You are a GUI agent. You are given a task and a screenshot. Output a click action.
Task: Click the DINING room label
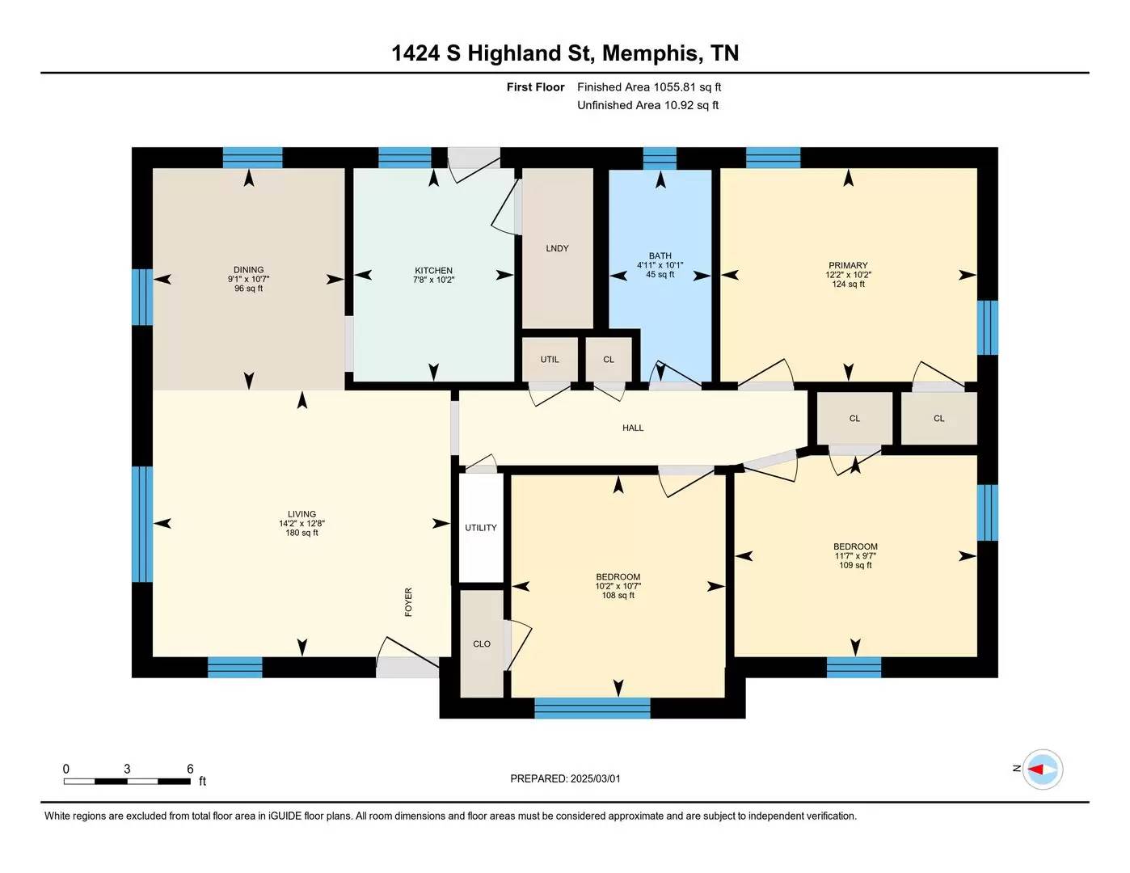coord(248,270)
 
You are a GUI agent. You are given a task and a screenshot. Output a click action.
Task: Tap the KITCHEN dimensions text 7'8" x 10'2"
coord(433,280)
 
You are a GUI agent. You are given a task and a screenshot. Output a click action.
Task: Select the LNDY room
coord(557,248)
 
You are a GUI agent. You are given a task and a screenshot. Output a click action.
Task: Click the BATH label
coord(660,255)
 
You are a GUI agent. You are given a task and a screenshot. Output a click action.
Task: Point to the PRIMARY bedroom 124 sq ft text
coord(848,285)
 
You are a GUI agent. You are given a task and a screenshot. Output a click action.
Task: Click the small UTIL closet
coord(550,359)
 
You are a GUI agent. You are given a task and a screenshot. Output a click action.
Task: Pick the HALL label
coord(633,428)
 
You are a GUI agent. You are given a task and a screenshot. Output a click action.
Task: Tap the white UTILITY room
coord(481,527)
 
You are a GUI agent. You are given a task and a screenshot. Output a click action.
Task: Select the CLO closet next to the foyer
coord(482,643)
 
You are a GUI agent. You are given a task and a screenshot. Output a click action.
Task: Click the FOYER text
coord(408,602)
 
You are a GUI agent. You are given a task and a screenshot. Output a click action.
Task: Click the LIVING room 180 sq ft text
coord(301,533)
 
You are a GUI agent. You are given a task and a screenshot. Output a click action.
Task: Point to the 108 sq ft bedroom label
coord(618,596)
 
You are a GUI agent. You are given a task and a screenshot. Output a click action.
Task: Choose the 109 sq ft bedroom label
coord(855,566)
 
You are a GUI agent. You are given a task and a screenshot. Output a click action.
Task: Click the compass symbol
coord(1042,769)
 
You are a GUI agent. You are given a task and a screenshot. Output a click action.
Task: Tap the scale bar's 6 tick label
coord(190,769)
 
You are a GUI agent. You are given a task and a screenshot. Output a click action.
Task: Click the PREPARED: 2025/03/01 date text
coord(565,778)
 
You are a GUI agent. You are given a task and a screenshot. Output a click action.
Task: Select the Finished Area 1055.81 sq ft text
coord(649,87)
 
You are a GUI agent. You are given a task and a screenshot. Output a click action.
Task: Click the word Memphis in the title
coord(651,53)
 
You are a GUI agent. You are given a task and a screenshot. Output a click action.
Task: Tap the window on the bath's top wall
coord(660,158)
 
